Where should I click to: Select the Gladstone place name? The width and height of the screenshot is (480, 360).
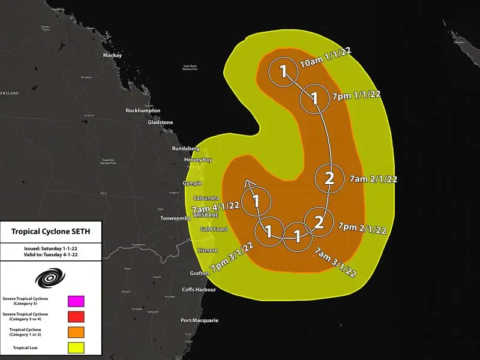coord(160,122)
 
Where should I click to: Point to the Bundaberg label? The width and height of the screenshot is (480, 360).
coord(185,148)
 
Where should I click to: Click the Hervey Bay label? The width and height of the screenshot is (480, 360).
coord(197,160)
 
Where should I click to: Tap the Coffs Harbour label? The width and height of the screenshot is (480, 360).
coord(199,290)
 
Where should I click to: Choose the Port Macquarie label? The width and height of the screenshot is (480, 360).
coord(199,320)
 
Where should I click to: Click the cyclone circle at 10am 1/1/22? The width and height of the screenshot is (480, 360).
coord(283,73)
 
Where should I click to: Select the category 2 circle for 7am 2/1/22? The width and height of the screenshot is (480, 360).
coord(329,177)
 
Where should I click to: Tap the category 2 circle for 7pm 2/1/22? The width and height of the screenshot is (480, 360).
coord(319,221)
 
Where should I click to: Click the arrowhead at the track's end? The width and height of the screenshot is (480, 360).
coord(248,184)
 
